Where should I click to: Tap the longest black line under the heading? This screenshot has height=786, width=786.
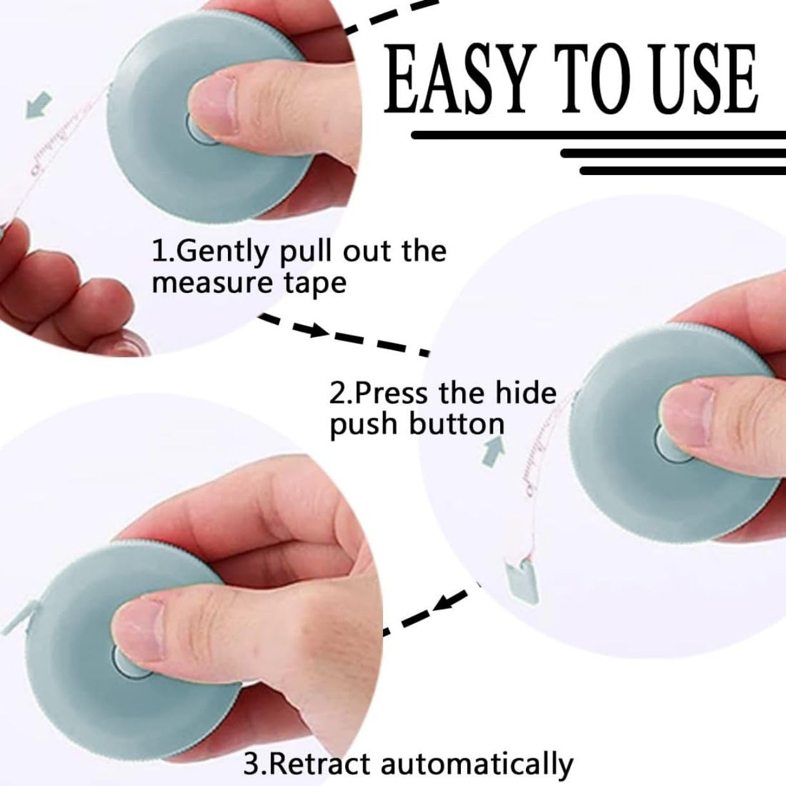coord(599,135)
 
